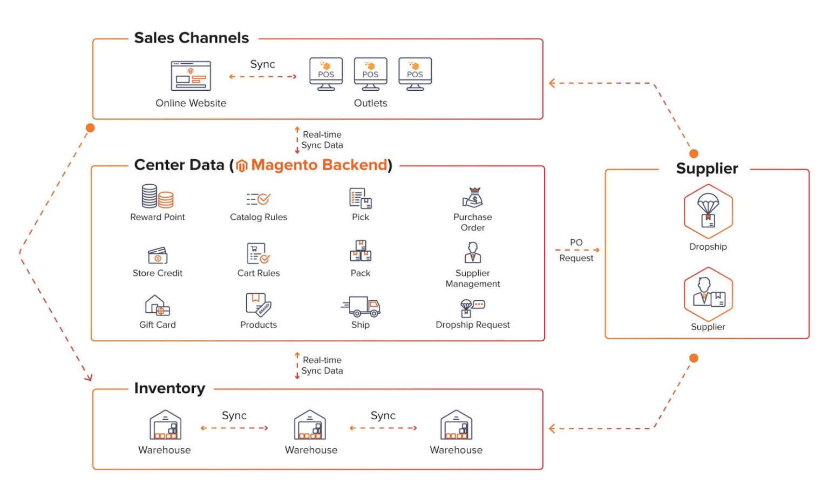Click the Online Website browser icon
click(191, 76)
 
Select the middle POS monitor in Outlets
click(370, 73)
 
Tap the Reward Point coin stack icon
click(157, 197)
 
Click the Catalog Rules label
click(259, 217)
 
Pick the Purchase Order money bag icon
click(473, 198)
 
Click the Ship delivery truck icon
click(361, 306)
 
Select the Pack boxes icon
click(361, 252)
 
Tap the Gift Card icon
click(157, 306)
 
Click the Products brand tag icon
click(259, 305)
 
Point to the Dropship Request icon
click(472, 307)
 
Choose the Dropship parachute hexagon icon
click(708, 212)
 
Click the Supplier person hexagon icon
click(708, 294)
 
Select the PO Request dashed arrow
click(577, 250)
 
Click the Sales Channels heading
click(192, 38)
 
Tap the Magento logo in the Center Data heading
click(242, 166)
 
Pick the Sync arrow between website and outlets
click(263, 77)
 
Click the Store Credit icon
click(157, 255)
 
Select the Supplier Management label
click(473, 279)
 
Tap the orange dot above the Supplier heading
click(694, 154)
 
